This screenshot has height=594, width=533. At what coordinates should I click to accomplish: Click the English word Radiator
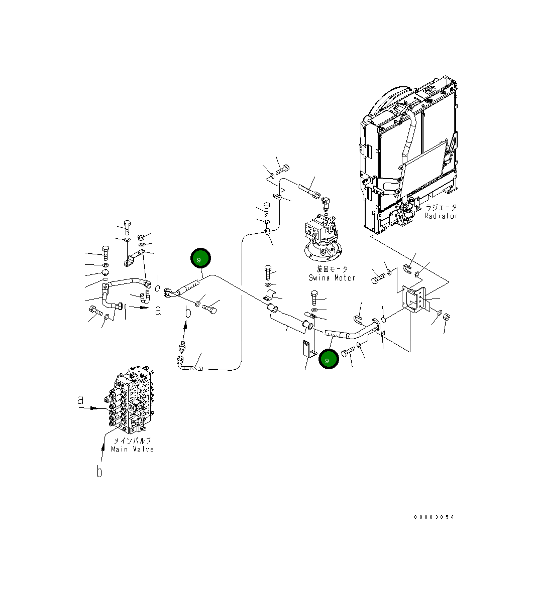point(441,216)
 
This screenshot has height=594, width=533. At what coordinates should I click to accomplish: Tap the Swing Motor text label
point(332,278)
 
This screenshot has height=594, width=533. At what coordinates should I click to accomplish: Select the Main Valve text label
point(132,450)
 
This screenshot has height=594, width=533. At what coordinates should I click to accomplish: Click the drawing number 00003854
point(434,517)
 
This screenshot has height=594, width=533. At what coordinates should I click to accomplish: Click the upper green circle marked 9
point(200,259)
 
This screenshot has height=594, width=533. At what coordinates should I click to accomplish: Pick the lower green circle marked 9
point(329,359)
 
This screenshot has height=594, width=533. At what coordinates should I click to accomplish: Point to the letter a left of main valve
point(80,400)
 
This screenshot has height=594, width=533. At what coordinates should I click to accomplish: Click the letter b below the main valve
point(100,472)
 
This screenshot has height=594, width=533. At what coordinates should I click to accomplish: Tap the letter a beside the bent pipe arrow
point(158,311)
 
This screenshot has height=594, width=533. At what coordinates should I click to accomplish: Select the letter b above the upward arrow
point(188,313)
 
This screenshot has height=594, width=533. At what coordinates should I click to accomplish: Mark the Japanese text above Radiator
point(441,207)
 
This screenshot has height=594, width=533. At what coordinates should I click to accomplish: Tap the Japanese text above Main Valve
point(132,440)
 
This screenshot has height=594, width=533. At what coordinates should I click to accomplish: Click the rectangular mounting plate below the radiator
point(414,303)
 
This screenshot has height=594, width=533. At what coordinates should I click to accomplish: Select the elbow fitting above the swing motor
point(325,202)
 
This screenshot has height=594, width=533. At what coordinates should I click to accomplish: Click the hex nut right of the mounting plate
point(448,317)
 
